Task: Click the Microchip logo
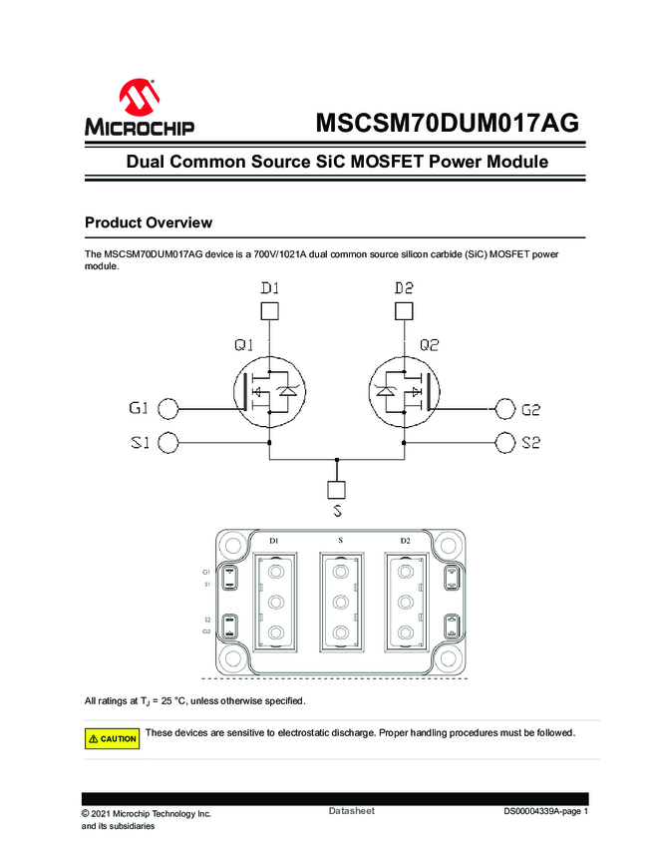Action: pos(140,108)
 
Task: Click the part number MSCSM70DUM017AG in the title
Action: pos(447,123)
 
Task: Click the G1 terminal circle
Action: pos(169,408)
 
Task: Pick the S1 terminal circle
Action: pos(169,443)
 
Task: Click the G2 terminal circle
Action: pos(504,408)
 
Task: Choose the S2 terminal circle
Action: pos(504,443)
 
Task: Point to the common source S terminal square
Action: pos(337,490)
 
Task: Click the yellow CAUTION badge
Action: pos(112,738)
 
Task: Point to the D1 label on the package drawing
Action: pos(273,541)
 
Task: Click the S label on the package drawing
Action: pos(340,541)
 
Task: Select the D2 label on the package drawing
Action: pos(405,541)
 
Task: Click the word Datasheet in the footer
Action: pos(351,811)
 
